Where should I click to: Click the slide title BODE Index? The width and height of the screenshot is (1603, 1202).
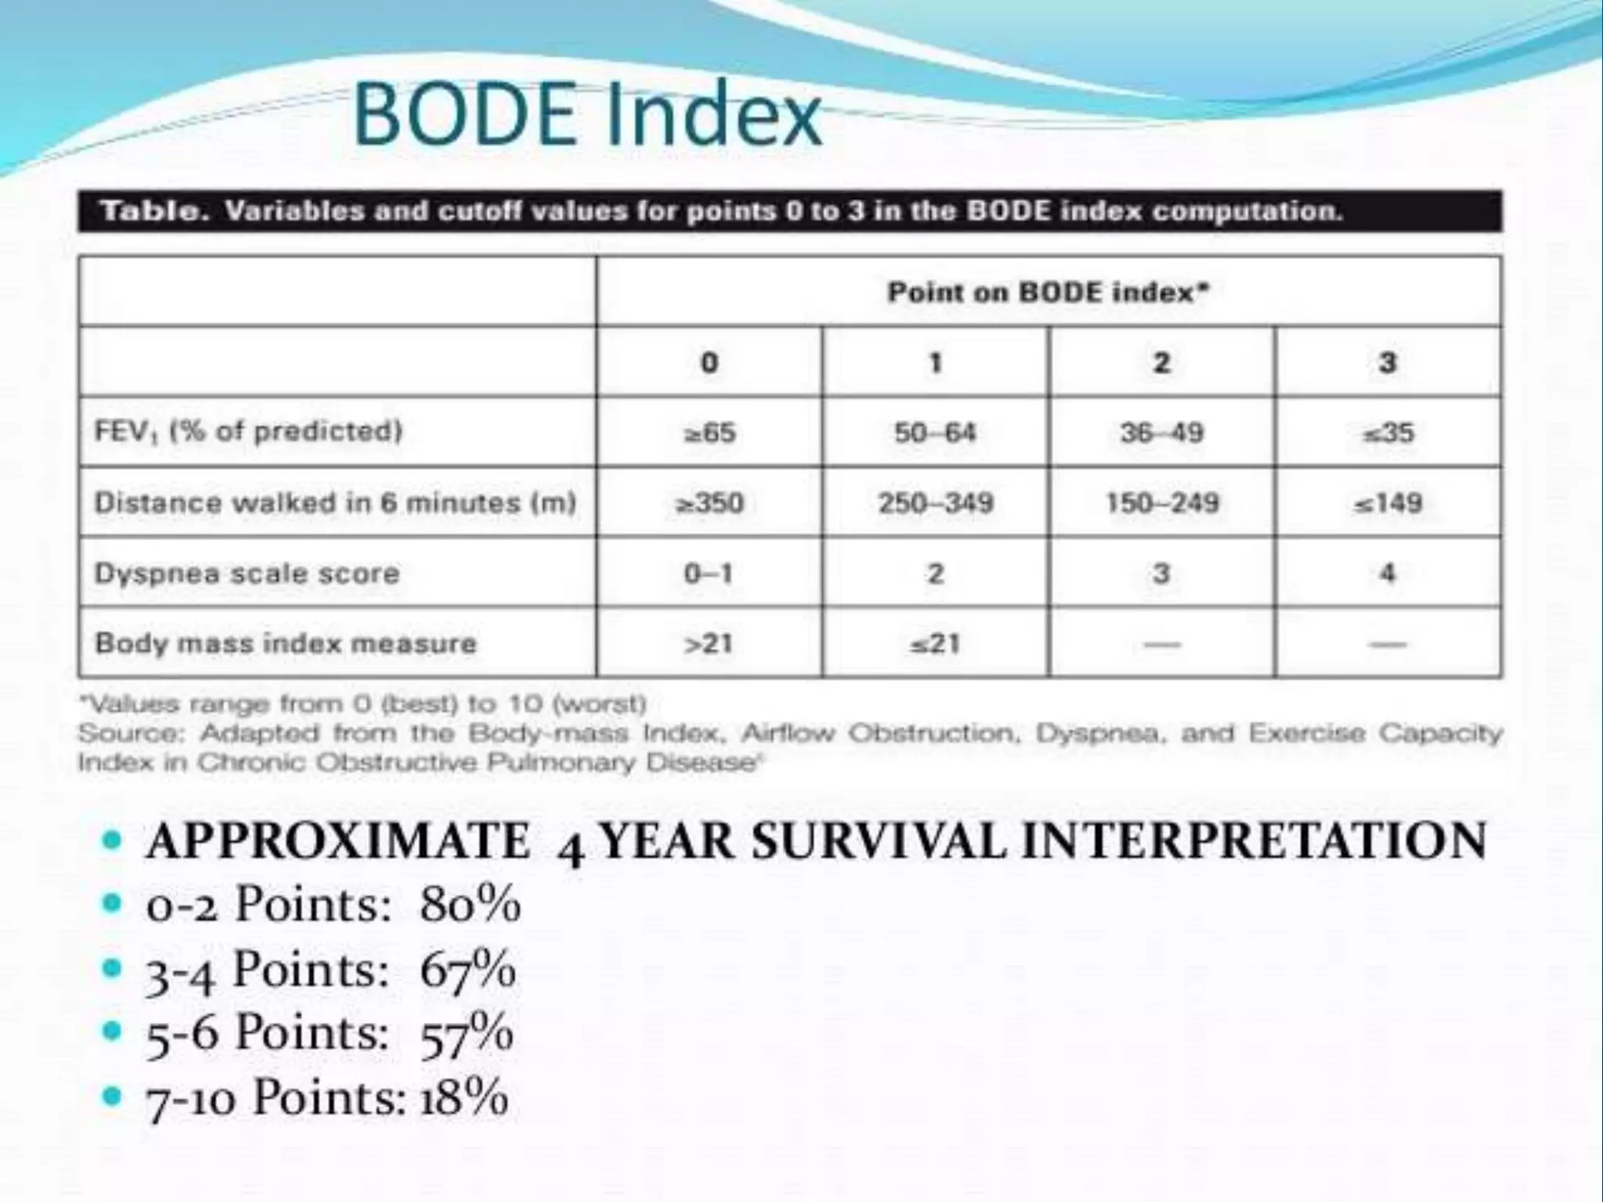(x=587, y=116)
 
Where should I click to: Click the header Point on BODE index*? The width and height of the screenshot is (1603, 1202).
(x=1048, y=293)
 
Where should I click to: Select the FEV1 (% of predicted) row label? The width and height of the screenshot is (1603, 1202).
(x=248, y=431)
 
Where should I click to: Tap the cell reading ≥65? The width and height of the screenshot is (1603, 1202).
(x=709, y=433)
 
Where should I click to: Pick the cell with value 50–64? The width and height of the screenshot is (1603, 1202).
(x=935, y=433)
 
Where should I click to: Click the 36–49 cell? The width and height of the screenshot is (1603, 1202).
(x=1162, y=433)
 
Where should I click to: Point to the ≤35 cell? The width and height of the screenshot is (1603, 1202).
(x=1388, y=433)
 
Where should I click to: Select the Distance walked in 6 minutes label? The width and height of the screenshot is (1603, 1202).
(x=335, y=502)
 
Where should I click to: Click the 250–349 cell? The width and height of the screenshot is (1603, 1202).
(x=935, y=502)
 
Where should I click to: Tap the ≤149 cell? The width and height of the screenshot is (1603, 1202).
(x=1388, y=502)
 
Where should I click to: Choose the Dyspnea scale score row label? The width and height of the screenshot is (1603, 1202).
(x=247, y=574)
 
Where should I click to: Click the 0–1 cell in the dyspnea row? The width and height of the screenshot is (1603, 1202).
(x=709, y=574)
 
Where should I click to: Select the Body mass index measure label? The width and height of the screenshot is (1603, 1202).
(x=285, y=643)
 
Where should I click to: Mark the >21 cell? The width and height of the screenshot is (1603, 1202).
(x=709, y=643)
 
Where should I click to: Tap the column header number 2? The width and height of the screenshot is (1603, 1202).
(x=1162, y=362)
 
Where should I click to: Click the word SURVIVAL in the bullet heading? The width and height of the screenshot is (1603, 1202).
(x=878, y=841)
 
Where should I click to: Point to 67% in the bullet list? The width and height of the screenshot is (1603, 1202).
(x=467, y=970)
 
